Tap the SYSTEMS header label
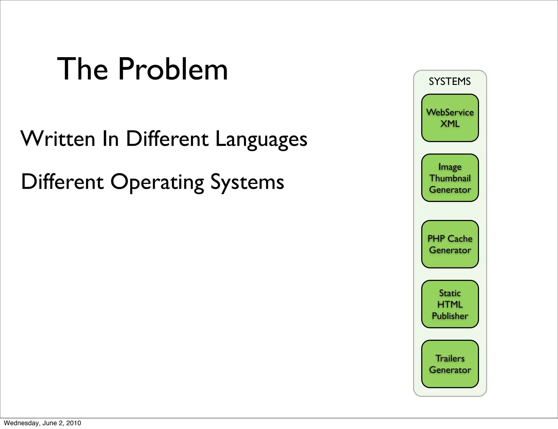pyautogui.click(x=450, y=81)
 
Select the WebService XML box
pyautogui.click(x=450, y=118)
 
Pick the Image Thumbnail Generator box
pyautogui.click(x=450, y=178)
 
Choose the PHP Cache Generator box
pyautogui.click(x=450, y=244)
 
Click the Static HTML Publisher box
pyautogui.click(x=450, y=304)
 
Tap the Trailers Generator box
pyautogui.click(x=450, y=364)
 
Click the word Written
pyautogui.click(x=58, y=139)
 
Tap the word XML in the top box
pyautogui.click(x=450, y=124)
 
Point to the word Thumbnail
pyautogui.click(x=450, y=178)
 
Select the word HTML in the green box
pyautogui.click(x=450, y=304)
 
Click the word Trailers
pyautogui.click(x=450, y=358)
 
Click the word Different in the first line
pyautogui.click(x=167, y=139)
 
